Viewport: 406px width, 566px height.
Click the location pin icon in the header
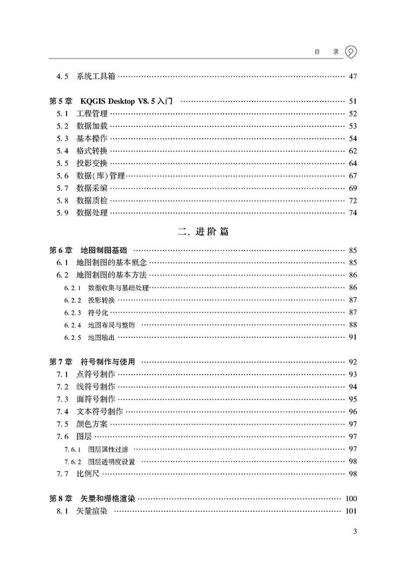351,52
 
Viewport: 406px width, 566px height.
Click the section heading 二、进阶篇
203,231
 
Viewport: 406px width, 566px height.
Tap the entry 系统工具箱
96,76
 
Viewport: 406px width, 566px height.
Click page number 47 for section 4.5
353,76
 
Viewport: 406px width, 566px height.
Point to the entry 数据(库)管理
101,176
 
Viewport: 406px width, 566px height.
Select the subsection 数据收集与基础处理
118,288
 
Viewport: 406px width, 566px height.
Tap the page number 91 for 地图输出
353,337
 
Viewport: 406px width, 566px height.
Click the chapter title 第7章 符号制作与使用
92,362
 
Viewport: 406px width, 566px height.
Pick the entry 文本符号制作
100,411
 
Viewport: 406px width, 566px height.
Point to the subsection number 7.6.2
72,461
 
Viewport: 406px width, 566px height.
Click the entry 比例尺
88,474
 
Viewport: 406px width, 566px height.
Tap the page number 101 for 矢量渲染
351,511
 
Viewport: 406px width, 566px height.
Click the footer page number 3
355,531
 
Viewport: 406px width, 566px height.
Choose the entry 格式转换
92,151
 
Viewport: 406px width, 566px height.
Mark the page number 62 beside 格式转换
353,151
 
